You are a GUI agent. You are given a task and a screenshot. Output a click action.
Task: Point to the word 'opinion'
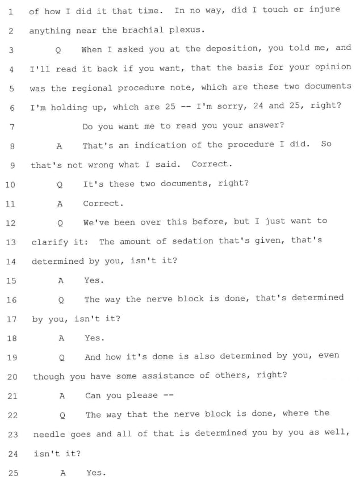(333, 68)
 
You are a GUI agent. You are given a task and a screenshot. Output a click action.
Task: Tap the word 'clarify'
(51, 241)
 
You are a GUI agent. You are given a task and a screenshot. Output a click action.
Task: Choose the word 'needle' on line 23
(50, 434)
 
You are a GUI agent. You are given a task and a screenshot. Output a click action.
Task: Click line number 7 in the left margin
(11, 127)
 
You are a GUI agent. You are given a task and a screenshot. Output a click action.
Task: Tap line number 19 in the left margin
(12, 357)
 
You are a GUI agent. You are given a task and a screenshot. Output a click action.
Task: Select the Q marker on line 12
(60, 222)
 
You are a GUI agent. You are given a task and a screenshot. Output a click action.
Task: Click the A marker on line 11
(59, 203)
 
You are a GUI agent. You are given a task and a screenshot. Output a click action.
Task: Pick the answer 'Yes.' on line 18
(95, 338)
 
